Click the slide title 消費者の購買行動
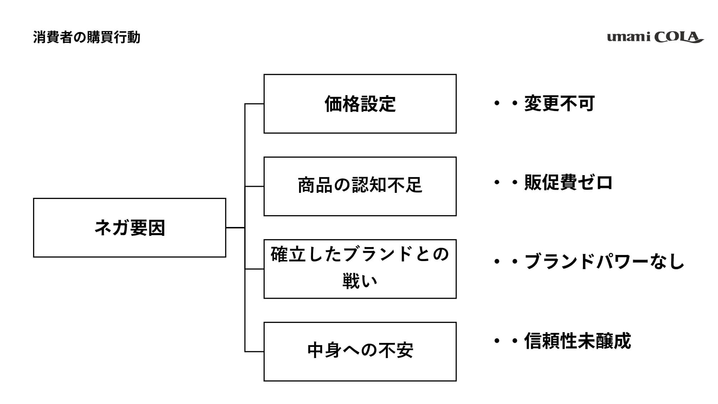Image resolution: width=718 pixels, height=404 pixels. pos(87,37)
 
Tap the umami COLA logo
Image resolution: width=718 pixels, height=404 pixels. pos(655,37)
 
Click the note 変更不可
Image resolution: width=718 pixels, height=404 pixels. pos(559,103)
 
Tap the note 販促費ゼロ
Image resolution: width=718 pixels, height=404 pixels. pos(568,182)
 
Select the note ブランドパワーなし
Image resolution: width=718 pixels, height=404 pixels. pos(604,261)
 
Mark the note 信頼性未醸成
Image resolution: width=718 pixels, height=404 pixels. pos(577,340)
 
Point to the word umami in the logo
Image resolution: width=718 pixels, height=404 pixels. pos(629,37)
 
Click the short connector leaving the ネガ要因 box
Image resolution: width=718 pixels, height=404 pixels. pos(236,228)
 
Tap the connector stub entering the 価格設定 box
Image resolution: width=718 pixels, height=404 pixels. pos(254,104)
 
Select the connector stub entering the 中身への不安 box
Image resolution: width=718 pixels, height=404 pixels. pos(254,352)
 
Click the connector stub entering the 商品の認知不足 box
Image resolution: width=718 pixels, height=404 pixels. pos(254,186)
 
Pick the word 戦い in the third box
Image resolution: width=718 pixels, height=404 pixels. pos(360,281)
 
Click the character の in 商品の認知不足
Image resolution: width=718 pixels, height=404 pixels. pos(342,185)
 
